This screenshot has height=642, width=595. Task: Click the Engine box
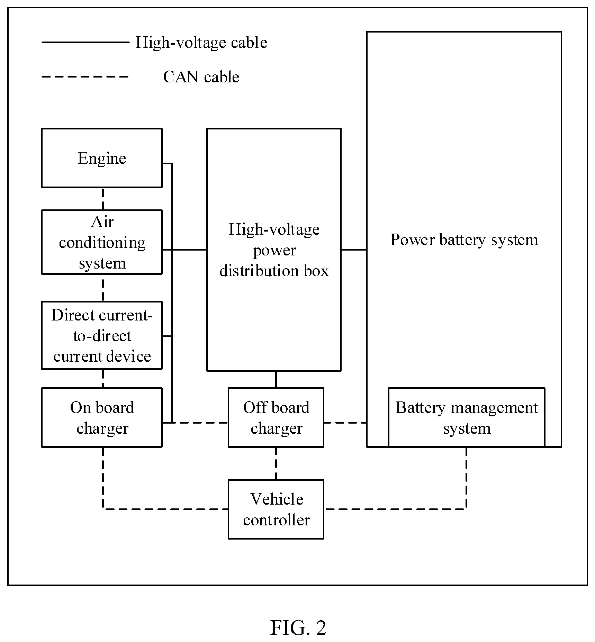102,158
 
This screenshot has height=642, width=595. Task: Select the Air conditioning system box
102,242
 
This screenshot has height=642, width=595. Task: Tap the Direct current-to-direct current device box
102,335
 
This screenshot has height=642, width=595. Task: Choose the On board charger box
102,417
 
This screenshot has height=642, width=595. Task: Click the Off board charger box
276,417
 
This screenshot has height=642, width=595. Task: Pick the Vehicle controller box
276,509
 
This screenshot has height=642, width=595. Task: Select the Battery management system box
466,417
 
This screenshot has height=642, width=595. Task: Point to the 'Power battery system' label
464,240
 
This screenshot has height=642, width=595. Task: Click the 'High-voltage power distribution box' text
274,250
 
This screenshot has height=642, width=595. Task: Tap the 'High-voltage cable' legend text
201,42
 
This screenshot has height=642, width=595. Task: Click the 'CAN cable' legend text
201,77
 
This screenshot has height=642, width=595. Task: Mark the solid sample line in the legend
85,42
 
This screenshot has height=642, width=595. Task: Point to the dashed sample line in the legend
85,77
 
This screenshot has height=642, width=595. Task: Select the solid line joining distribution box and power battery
354,249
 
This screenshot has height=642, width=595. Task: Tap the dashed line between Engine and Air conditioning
103,199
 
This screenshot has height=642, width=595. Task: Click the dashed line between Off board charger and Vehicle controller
276,463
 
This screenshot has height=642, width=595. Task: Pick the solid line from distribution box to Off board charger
276,379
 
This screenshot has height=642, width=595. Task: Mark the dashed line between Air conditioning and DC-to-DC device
103,288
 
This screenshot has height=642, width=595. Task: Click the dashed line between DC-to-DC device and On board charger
103,379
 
